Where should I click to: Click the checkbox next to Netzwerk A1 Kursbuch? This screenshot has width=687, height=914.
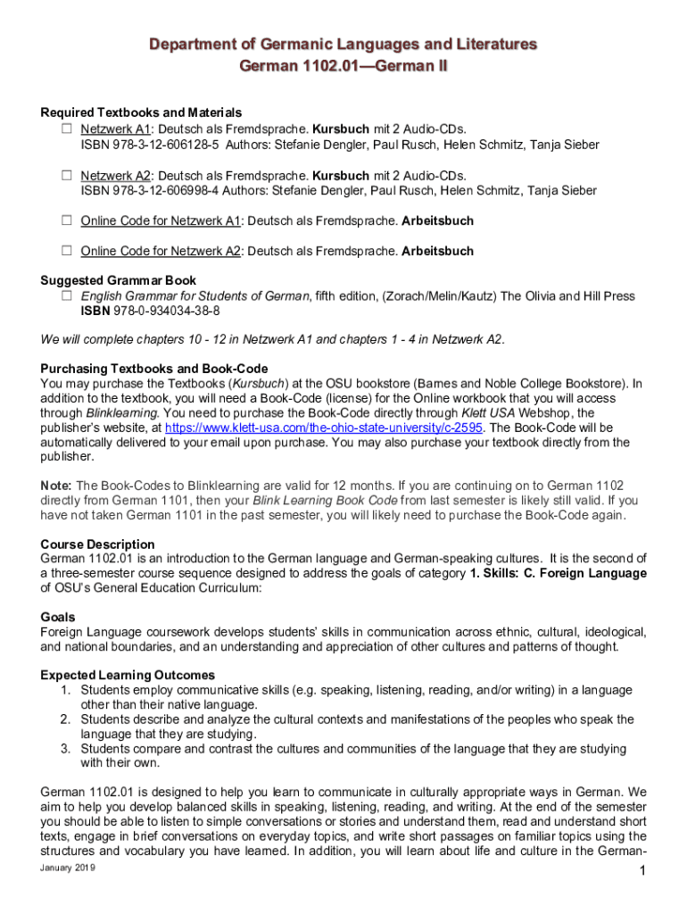[66, 129]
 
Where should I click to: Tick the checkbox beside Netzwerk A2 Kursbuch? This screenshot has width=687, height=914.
[66, 175]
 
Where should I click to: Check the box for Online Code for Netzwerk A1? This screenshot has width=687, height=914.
[66, 220]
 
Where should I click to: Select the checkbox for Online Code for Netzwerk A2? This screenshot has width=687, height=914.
[66, 251]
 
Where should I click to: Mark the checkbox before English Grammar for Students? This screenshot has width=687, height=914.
[66, 295]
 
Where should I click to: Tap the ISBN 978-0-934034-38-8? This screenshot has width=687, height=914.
[166, 311]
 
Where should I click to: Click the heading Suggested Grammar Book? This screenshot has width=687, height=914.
[119, 280]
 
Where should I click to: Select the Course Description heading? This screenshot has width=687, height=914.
[97, 544]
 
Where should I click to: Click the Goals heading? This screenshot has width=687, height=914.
[58, 617]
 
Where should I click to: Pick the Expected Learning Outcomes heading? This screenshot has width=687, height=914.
[128, 676]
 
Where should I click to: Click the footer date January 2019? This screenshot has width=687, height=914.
[67, 868]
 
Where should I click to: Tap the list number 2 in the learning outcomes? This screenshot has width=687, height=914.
[65, 719]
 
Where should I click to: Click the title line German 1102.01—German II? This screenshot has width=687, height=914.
[343, 67]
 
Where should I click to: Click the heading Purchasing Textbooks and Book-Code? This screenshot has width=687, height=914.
[154, 369]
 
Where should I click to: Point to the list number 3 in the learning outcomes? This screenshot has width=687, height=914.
[65, 749]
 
